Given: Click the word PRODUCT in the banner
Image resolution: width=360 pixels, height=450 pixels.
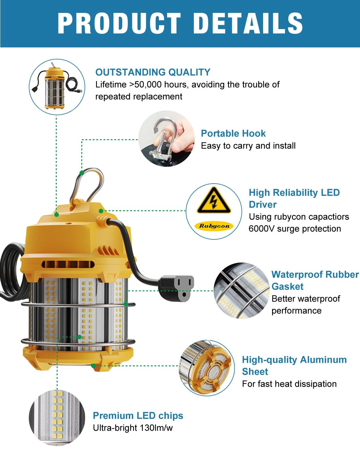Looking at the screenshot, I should click(119, 23).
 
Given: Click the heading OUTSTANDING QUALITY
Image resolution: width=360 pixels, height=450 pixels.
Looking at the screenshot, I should click(153, 72).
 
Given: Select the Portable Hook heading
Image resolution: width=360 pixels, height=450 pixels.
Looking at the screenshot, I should click(233, 133).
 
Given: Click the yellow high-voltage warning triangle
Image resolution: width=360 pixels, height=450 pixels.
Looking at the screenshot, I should click(214, 201).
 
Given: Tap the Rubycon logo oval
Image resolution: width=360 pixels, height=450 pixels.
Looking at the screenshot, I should click(214, 226).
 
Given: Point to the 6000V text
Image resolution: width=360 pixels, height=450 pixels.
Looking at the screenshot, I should click(261, 229).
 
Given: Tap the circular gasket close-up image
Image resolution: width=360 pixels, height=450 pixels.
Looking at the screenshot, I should click(241, 290).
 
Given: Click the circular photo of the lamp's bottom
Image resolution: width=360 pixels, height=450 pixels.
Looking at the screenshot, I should click(207, 368).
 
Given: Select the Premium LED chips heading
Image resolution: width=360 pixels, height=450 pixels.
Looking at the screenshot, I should click(138, 415).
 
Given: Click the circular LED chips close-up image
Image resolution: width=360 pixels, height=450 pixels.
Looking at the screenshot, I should click(57, 417).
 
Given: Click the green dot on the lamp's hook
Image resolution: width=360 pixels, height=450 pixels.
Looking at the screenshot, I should click(82, 173).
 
